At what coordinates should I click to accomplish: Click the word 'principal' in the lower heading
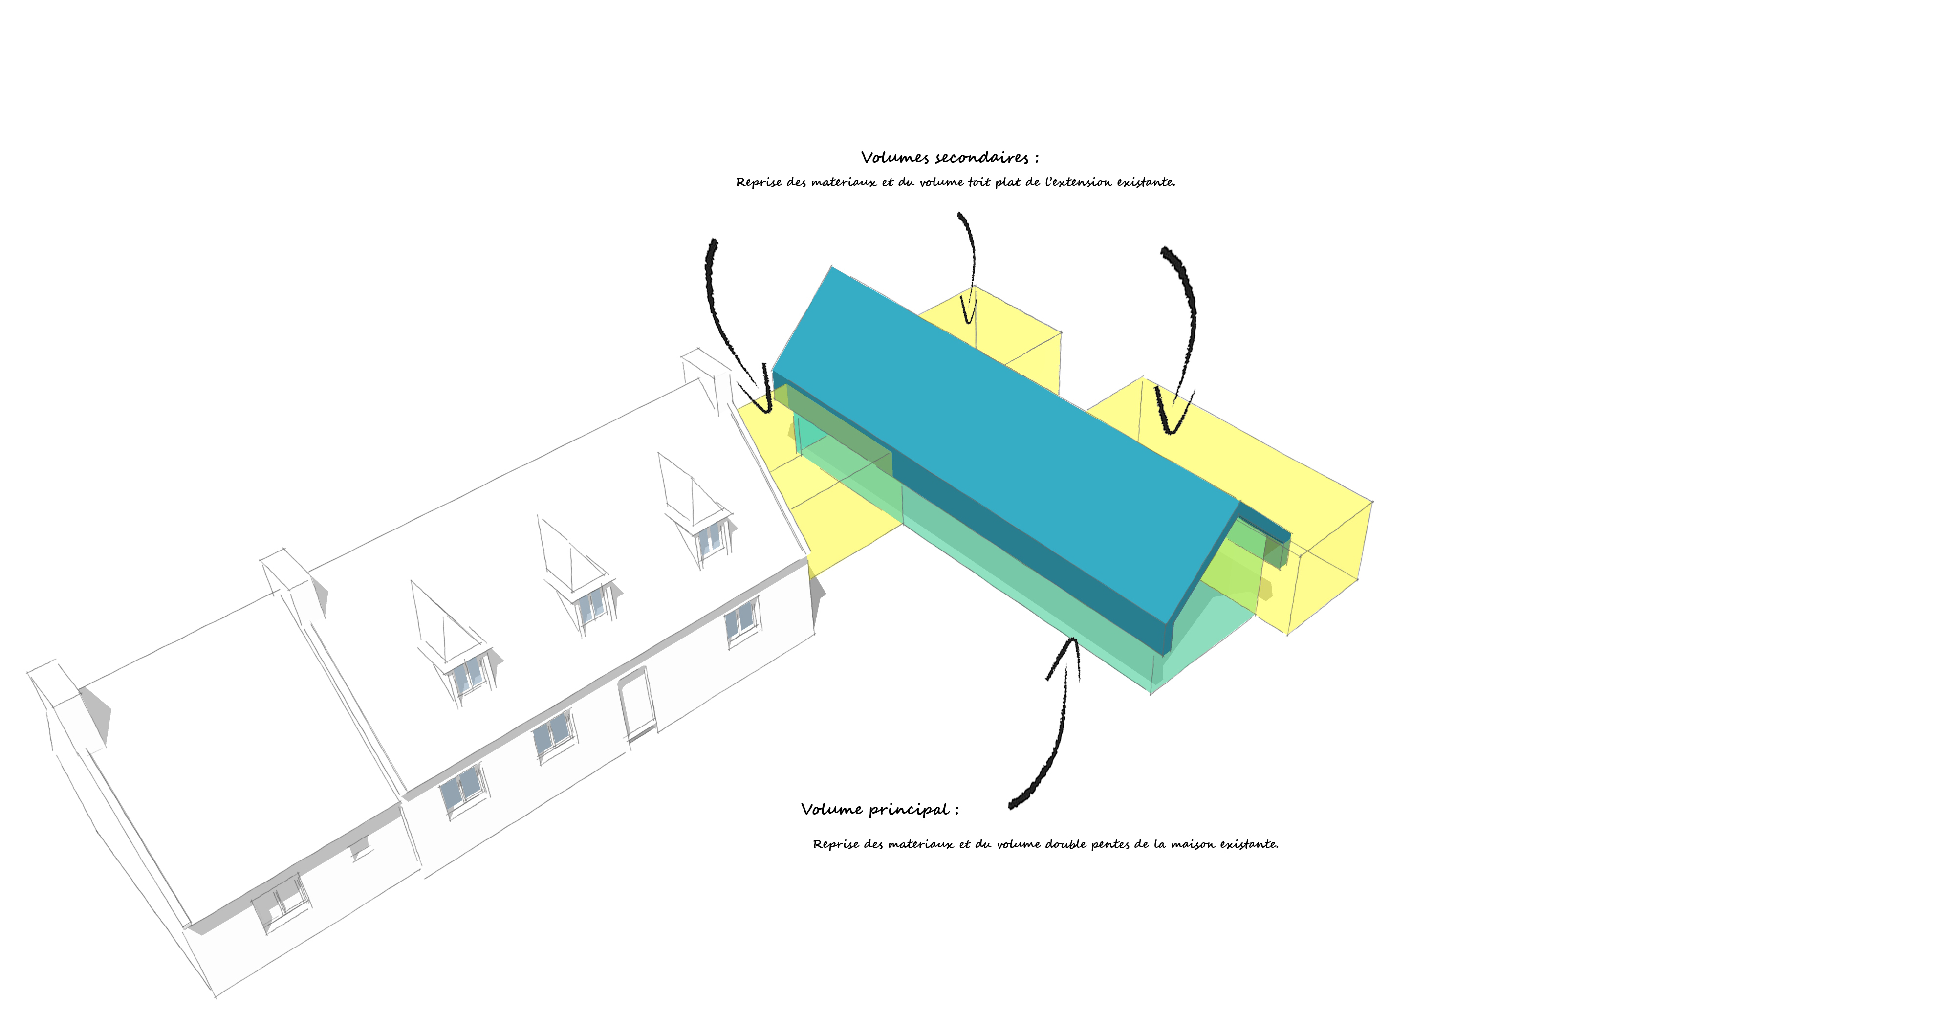click(x=909, y=810)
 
